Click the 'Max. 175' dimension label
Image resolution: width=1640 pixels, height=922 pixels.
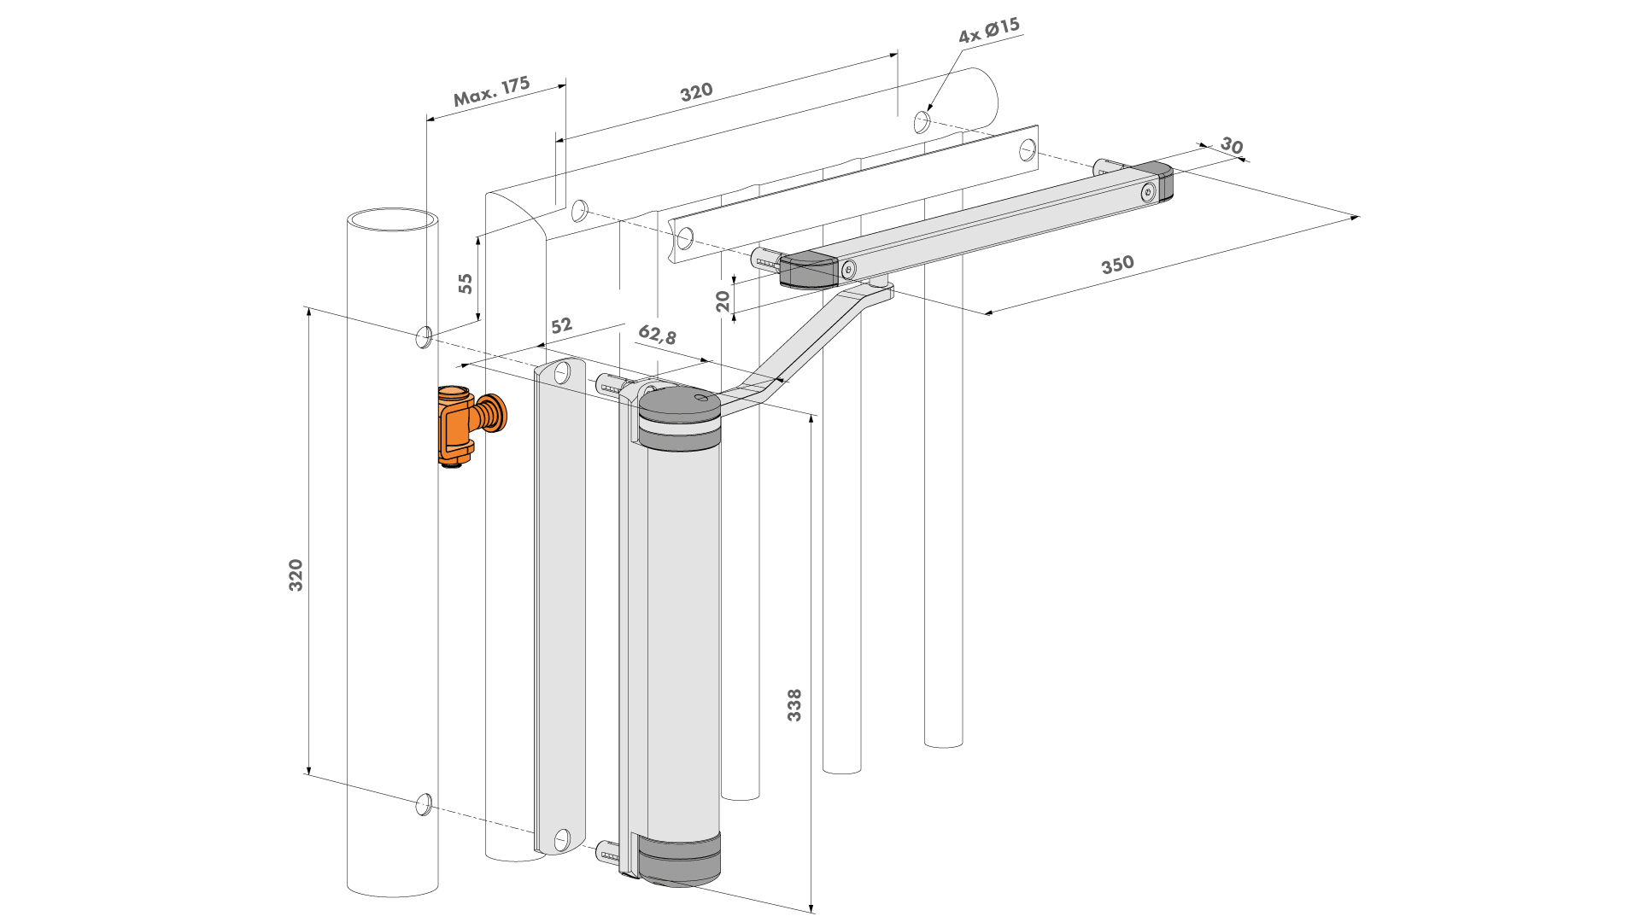491,91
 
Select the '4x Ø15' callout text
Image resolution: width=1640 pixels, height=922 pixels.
988,31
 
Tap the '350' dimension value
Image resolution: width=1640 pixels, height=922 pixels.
1117,265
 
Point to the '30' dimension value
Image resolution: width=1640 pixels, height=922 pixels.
1231,145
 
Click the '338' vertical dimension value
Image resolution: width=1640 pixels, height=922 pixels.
794,705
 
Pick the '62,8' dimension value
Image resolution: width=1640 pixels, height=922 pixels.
657,335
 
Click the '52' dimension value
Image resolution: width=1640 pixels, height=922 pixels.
561,326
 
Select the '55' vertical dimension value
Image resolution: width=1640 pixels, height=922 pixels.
466,283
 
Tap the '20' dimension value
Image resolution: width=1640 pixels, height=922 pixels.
723,301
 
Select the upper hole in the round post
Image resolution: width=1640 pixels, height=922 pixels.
423,337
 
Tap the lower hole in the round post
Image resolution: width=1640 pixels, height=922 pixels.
423,804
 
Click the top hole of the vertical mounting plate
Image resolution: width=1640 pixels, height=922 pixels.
562,373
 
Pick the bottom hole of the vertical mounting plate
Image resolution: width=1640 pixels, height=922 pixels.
562,840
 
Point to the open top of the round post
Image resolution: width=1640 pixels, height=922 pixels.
393,219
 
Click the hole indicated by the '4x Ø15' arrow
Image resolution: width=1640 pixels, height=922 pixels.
922,122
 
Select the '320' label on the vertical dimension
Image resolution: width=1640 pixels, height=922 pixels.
296,575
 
